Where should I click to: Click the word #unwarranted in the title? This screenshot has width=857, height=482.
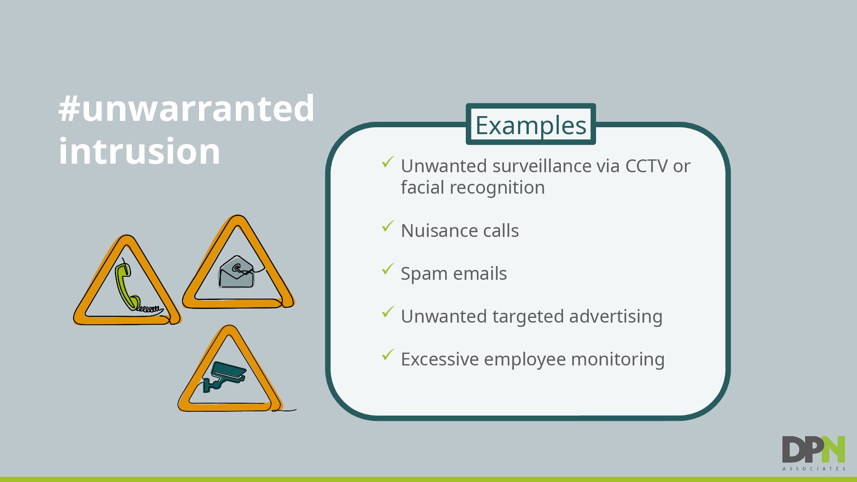(186, 108)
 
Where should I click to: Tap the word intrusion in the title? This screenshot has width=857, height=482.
(139, 151)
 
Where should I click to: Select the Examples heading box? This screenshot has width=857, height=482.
(530, 124)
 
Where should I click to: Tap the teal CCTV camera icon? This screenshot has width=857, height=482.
(224, 377)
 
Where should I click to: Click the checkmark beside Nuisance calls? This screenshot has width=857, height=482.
(388, 226)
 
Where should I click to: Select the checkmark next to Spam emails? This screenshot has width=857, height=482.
(388, 269)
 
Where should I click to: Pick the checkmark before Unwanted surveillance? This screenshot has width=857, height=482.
(388, 162)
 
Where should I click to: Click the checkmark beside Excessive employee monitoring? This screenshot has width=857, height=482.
(388, 355)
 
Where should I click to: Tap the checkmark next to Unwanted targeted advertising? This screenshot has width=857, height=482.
(388, 312)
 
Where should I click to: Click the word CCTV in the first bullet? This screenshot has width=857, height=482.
(646, 166)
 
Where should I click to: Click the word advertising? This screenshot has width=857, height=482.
(616, 317)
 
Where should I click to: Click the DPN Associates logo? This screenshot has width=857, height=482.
(814, 453)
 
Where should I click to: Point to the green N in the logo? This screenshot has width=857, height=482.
(833, 449)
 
